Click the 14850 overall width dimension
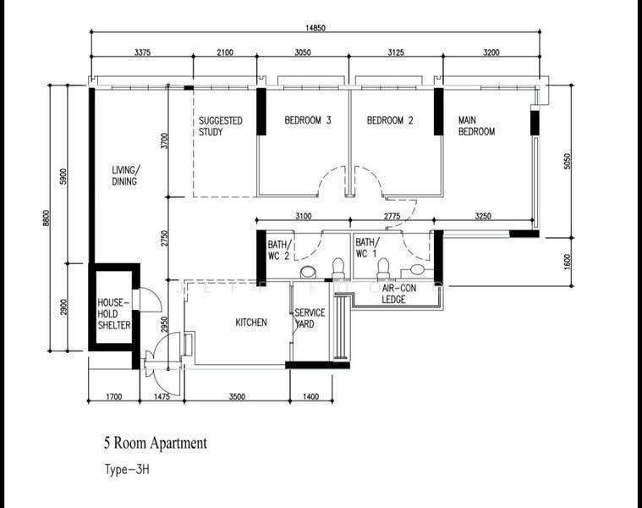click(316, 28)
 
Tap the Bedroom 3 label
click(308, 120)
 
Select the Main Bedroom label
click(476, 126)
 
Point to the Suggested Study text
click(221, 126)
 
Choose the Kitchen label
click(251, 323)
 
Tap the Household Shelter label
click(114, 314)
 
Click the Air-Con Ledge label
click(393, 294)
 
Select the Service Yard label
click(310, 318)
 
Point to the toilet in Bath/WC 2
click(338, 268)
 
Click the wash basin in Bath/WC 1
click(417, 269)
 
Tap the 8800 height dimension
click(46, 218)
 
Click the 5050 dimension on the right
click(567, 161)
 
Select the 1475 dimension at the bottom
click(162, 396)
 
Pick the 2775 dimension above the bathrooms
click(392, 216)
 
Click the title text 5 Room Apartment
click(155, 444)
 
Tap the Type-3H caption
click(127, 469)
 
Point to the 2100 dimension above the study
click(225, 52)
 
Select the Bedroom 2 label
click(390, 120)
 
